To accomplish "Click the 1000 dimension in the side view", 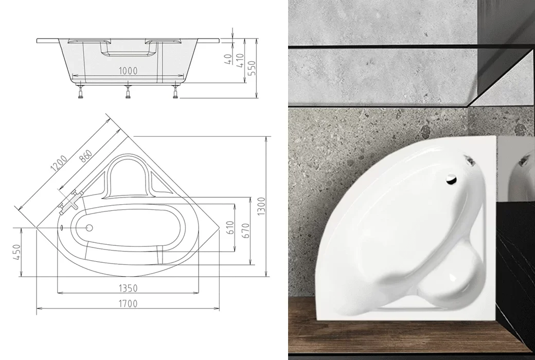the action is tap(128, 70).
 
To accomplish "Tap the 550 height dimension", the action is tap(252, 68).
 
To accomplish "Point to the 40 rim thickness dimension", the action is tap(228, 59).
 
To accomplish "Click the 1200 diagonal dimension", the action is tap(58, 163).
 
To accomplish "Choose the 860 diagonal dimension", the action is tap(85, 156).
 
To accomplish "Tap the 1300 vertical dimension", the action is tap(261, 206).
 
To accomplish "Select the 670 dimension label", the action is tap(246, 231).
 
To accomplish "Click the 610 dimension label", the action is tap(230, 228).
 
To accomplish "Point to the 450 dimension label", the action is tap(16, 252).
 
